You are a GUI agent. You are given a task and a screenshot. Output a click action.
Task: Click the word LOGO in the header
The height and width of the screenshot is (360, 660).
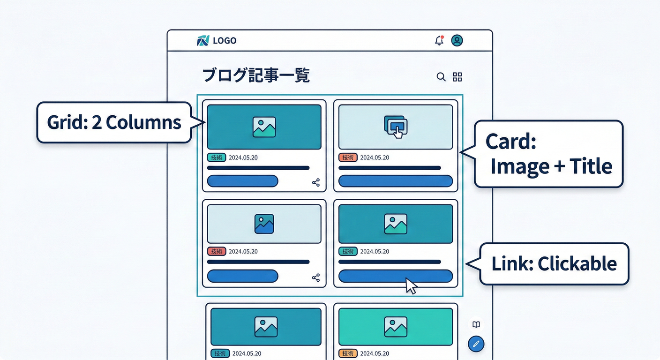click(225, 41)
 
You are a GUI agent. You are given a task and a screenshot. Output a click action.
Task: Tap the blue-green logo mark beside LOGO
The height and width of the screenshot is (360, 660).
click(202, 41)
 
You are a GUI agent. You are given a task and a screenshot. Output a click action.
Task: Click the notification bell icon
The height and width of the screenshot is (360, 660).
click(439, 41)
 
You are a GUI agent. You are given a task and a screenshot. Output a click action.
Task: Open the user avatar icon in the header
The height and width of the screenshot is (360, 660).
click(457, 40)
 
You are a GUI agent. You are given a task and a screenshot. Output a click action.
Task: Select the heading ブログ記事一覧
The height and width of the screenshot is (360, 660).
click(256, 75)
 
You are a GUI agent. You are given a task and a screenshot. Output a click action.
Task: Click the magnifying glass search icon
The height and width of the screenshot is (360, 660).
click(441, 77)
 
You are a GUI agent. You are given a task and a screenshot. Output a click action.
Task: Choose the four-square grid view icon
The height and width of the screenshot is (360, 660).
click(457, 77)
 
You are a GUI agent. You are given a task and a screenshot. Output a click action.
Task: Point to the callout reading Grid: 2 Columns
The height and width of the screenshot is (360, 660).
click(114, 122)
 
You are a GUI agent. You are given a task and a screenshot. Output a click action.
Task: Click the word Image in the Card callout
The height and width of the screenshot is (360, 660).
click(519, 166)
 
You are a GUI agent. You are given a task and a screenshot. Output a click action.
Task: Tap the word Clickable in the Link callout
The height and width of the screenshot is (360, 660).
click(577, 264)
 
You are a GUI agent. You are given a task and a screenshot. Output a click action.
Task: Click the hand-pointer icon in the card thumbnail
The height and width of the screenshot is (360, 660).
click(396, 127)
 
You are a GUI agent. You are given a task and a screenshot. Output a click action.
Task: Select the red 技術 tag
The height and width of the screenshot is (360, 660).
click(217, 251)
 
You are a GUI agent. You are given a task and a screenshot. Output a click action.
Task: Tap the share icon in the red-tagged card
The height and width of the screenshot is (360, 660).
click(316, 277)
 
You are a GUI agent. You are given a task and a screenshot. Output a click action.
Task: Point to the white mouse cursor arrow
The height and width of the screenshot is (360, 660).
click(411, 285)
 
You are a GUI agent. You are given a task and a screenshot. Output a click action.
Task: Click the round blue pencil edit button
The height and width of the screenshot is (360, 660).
click(476, 344)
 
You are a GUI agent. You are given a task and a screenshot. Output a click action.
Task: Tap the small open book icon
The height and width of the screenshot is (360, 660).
click(476, 324)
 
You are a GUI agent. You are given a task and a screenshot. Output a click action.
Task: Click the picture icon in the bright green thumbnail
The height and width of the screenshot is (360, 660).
click(396, 326)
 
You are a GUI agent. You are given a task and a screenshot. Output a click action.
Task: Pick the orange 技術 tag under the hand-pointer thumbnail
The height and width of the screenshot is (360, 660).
click(348, 157)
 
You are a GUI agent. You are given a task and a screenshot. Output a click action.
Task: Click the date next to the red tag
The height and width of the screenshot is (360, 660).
click(243, 251)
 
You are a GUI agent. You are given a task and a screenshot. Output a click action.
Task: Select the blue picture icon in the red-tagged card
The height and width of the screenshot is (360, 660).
click(264, 224)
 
